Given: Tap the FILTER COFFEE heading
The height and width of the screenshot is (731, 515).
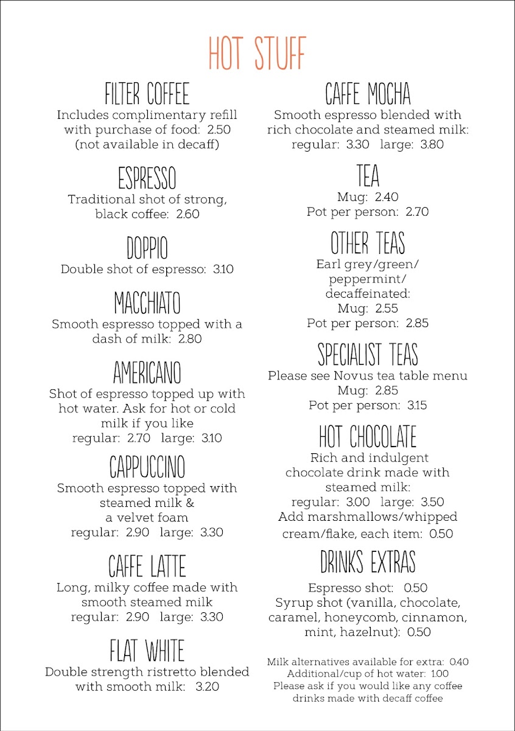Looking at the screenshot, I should pyautogui.click(x=147, y=95).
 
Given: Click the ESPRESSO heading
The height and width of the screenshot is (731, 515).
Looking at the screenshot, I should pyautogui.click(x=147, y=179).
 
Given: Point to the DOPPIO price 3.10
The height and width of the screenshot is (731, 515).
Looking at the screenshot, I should pyautogui.click(x=223, y=269).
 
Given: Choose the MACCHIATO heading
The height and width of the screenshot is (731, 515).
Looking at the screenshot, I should pyautogui.click(x=147, y=303).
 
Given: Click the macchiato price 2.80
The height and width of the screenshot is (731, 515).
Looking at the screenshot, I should pyautogui.click(x=190, y=339).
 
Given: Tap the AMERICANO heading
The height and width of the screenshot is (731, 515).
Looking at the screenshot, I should pyautogui.click(x=147, y=373).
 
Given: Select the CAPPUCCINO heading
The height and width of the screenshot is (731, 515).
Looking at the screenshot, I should pyautogui.click(x=147, y=467).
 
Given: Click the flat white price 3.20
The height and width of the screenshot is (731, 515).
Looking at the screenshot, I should pyautogui.click(x=207, y=687).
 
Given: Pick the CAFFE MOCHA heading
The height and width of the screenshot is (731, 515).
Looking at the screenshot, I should pyautogui.click(x=368, y=95).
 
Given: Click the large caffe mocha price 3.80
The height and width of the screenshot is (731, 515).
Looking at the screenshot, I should pyautogui.click(x=429, y=144).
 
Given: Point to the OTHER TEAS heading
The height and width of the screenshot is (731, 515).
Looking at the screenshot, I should pyautogui.click(x=368, y=244).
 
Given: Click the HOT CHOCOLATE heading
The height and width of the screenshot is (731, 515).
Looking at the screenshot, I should pyautogui.click(x=368, y=437).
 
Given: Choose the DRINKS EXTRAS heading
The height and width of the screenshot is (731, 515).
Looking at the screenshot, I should pyautogui.click(x=368, y=562).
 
